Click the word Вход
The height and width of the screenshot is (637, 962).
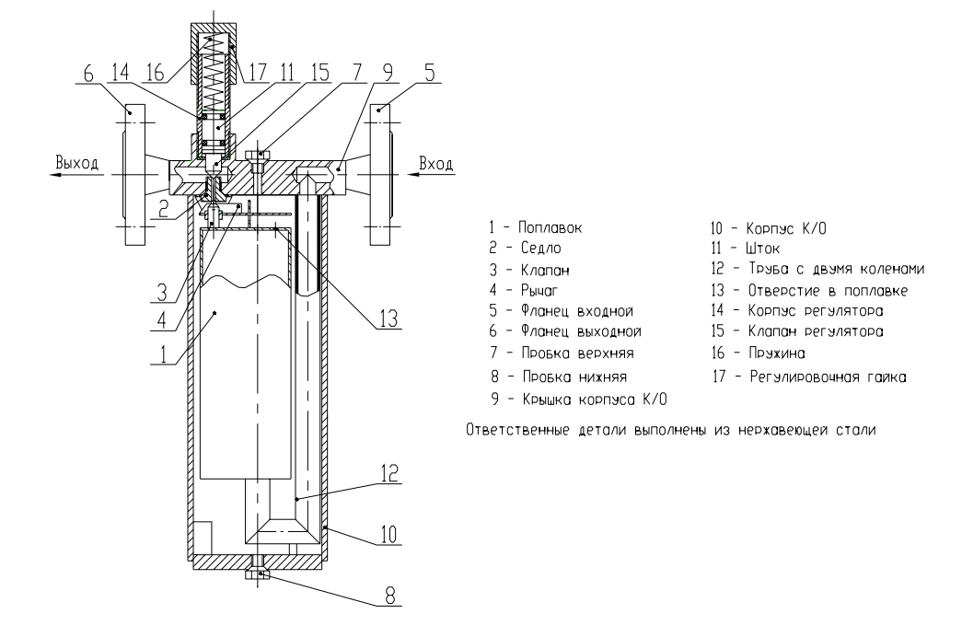point(436,164)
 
